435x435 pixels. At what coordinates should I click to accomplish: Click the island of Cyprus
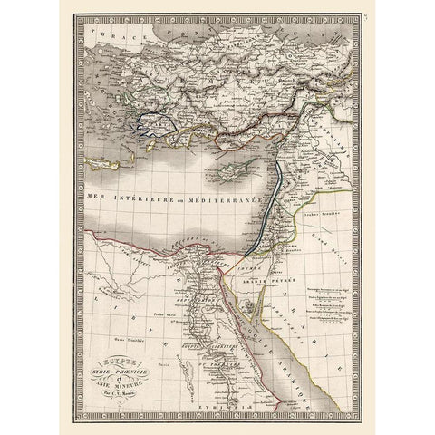pyautogui.click(x=233, y=171)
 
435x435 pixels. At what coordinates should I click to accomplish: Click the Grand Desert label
pyautogui.click(x=342, y=246)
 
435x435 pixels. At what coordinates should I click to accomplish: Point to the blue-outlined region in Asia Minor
pyautogui.click(x=151, y=123)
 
